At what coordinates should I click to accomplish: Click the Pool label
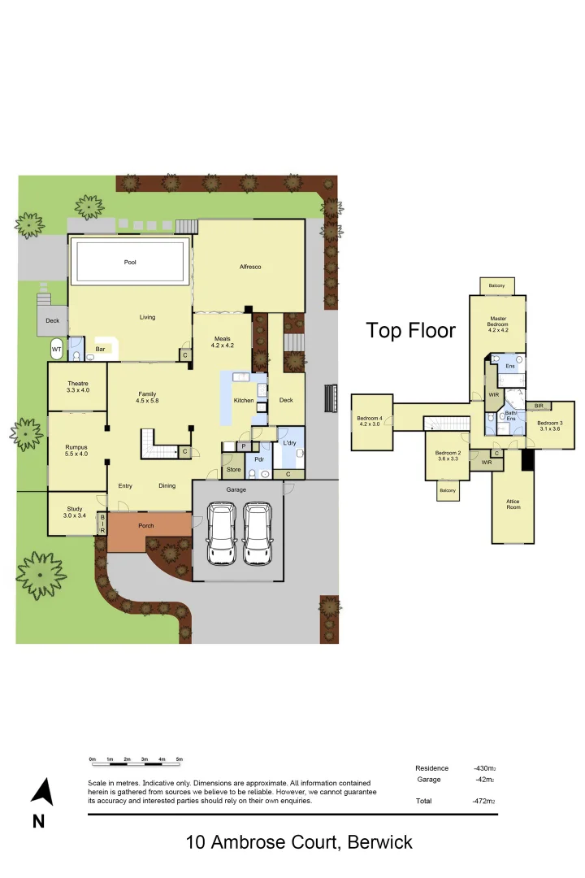tap(130, 263)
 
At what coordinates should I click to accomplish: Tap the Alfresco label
tap(249, 267)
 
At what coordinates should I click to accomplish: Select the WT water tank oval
tap(56, 350)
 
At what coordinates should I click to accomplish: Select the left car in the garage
tap(222, 533)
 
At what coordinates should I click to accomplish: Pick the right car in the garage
tap(258, 533)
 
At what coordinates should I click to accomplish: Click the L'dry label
tap(290, 442)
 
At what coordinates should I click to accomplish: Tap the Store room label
tap(234, 469)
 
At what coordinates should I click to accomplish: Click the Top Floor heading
tap(411, 330)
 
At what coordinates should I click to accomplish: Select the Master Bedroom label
tap(497, 324)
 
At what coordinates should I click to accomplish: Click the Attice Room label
tap(513, 504)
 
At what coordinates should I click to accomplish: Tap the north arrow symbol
tap(41, 792)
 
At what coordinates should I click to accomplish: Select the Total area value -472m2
tap(484, 802)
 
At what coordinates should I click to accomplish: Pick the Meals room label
tap(223, 342)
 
